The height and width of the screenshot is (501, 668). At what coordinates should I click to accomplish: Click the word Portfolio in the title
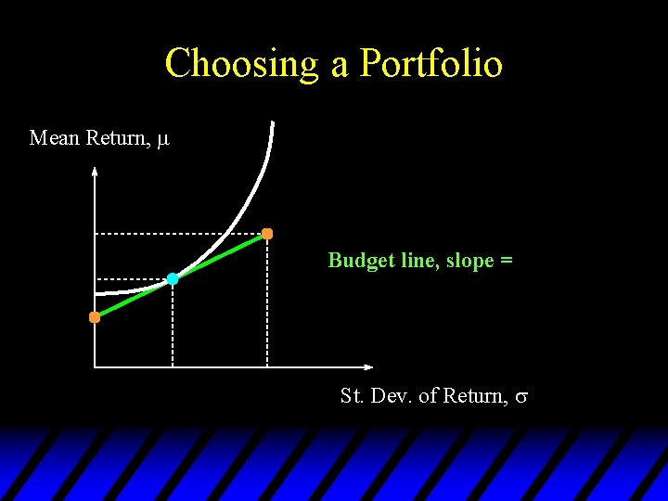(x=431, y=64)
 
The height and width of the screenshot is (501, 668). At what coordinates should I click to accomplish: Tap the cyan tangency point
(x=173, y=278)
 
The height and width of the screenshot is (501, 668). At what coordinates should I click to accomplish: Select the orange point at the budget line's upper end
(x=267, y=234)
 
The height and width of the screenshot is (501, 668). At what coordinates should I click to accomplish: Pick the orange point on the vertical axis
(x=95, y=317)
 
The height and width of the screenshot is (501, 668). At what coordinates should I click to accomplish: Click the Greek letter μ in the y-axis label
(x=163, y=139)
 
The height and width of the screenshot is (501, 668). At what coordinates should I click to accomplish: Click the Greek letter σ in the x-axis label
(x=521, y=397)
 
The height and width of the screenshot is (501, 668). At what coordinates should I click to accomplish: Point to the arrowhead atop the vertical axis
(x=95, y=170)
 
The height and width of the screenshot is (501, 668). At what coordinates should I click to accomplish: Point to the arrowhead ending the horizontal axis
(x=368, y=367)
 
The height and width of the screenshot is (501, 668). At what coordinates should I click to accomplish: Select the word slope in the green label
(x=471, y=261)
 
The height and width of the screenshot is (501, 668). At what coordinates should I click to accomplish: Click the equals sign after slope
(x=507, y=262)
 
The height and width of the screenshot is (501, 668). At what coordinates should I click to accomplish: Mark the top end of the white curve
(x=272, y=123)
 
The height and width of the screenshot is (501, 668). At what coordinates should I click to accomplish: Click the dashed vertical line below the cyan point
(x=173, y=325)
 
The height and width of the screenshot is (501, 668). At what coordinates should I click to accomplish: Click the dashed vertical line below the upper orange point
(x=267, y=302)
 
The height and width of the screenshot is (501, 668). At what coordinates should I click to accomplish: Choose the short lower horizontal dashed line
(x=130, y=278)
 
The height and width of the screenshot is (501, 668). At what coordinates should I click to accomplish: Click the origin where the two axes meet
(x=95, y=367)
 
